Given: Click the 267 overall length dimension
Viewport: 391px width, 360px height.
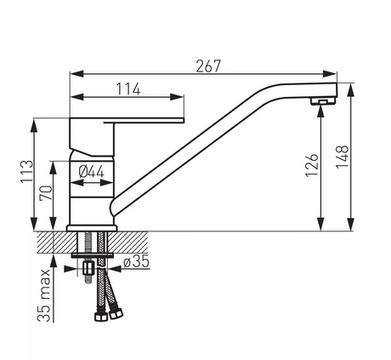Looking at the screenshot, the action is (208, 66).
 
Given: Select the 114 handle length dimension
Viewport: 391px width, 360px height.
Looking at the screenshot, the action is (128, 89).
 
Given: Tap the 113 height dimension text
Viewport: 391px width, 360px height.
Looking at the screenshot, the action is (27, 172).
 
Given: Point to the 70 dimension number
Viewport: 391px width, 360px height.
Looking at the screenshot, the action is (47, 193).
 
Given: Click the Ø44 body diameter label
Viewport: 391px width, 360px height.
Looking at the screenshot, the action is (92, 172).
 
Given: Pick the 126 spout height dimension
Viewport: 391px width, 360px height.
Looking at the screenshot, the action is (312, 165).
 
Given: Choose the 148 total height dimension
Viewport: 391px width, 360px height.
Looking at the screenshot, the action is (343, 157).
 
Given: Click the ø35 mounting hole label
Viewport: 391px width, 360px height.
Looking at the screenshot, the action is (136, 261).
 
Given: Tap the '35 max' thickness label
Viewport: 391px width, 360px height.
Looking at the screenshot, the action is (44, 295).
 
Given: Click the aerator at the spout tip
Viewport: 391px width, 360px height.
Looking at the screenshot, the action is (322, 101).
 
